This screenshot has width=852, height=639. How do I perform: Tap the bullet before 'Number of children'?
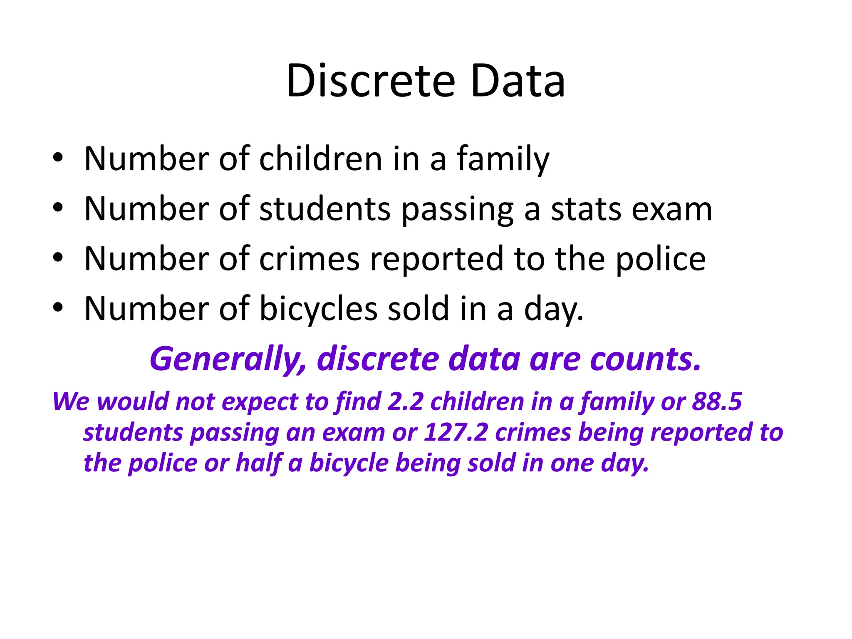(x=58, y=158)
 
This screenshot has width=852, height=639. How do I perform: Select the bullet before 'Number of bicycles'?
(x=58, y=308)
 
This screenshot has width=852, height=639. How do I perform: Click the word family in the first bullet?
(x=503, y=160)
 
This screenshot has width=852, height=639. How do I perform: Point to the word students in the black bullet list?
(x=325, y=209)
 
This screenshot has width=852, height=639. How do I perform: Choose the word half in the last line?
(x=259, y=463)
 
